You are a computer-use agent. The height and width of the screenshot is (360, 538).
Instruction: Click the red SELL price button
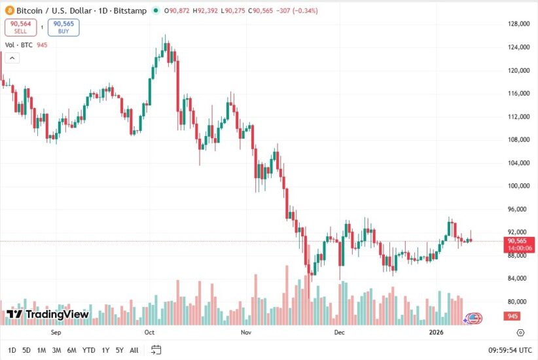tap(20, 27)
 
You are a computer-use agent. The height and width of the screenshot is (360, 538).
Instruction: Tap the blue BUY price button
tap(63, 27)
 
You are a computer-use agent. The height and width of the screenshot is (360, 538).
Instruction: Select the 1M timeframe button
tap(41, 350)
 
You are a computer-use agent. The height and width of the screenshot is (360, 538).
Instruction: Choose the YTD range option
tap(89, 350)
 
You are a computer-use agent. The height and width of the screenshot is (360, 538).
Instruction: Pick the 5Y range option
tap(119, 350)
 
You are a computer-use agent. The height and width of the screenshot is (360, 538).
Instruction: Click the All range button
tap(134, 350)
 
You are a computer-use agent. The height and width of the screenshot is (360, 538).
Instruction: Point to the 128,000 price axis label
tap(518, 24)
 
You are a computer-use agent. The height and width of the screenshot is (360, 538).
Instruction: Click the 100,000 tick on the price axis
tap(518, 186)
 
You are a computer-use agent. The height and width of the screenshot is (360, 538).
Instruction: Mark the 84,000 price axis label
tap(518, 278)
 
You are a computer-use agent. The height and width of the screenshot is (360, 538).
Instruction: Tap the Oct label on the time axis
tap(149, 333)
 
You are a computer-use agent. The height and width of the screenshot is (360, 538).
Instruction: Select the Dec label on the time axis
tap(339, 333)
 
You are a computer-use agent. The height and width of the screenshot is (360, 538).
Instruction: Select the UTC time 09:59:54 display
tap(510, 350)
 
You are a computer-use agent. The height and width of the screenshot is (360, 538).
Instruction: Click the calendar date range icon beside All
tap(155, 350)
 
